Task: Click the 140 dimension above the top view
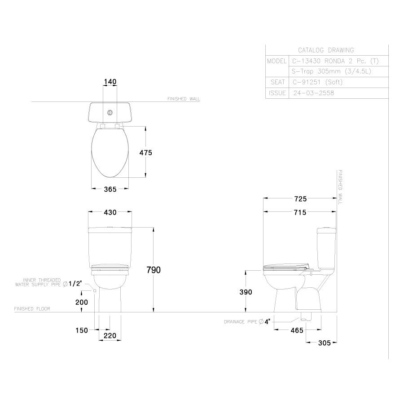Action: coord(110,82)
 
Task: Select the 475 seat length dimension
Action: coord(146,153)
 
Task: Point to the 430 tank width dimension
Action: coord(110,212)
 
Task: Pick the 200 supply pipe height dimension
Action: coord(81,302)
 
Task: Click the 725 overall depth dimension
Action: coord(300,198)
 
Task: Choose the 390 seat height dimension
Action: coord(246,292)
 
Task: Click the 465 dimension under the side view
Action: coord(297,330)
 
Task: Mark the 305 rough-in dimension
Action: coord(324,343)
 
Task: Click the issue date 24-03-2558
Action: coord(313,93)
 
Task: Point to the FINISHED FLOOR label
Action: coord(32,309)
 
